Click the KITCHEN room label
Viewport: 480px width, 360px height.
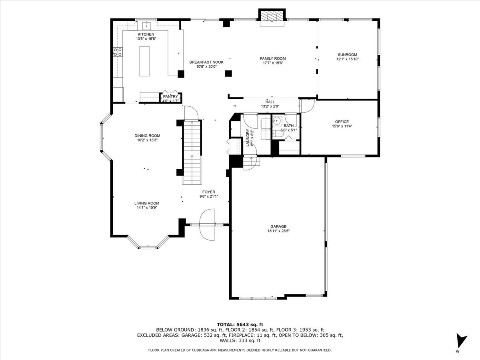click(146, 34)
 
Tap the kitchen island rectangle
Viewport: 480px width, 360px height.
click(144, 61)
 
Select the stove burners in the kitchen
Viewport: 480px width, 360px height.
click(118, 52)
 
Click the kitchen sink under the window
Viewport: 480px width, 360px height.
click(146, 26)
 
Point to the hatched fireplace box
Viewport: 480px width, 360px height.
click(272, 15)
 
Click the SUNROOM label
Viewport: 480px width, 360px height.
click(348, 55)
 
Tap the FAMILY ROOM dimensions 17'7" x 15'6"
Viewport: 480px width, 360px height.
click(273, 63)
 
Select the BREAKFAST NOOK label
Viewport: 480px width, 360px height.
click(206, 62)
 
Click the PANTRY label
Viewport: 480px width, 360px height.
click(170, 97)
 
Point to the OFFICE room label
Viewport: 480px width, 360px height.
click(342, 122)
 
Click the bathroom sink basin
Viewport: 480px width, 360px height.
click(277, 121)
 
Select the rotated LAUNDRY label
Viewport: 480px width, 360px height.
click(248, 138)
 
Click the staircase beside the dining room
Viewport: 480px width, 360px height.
click(192, 152)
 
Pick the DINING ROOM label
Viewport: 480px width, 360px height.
click(147, 136)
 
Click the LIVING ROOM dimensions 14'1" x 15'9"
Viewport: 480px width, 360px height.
click(147, 208)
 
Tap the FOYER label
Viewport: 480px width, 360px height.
click(209, 192)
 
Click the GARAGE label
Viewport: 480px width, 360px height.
click(278, 226)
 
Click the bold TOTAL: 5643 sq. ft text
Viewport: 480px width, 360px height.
click(240, 324)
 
